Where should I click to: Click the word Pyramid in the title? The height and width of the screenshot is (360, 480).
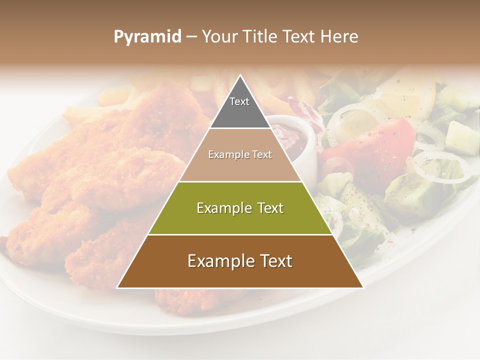pyautogui.click(x=147, y=37)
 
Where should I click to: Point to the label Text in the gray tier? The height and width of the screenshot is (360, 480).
pyautogui.click(x=239, y=101)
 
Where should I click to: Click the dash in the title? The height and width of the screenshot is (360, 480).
pyautogui.click(x=191, y=37)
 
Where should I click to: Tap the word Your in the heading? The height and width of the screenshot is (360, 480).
pyautogui.click(x=219, y=37)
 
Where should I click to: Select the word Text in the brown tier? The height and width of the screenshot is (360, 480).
pyautogui.click(x=274, y=261)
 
